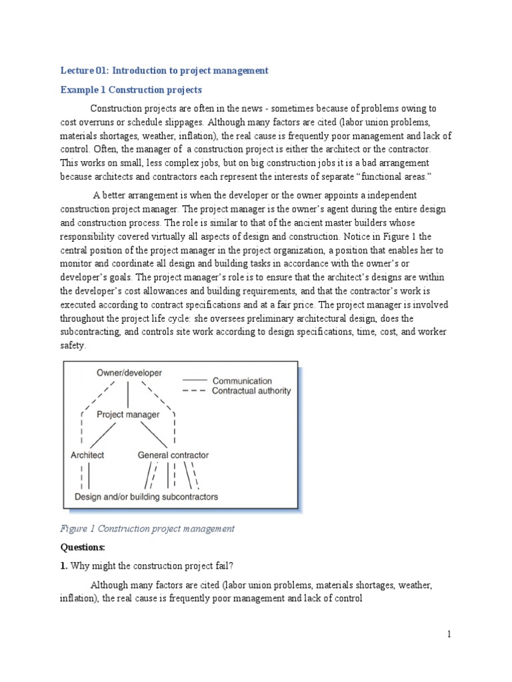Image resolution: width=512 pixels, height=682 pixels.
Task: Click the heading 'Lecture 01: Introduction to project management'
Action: [x=164, y=70]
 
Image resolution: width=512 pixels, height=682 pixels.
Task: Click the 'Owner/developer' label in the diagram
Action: [x=129, y=373]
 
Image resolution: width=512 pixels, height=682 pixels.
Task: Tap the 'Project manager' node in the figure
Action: [x=128, y=414]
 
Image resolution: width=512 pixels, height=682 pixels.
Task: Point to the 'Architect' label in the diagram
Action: [x=87, y=456]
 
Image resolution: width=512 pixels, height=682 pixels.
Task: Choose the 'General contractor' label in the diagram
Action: [x=173, y=456]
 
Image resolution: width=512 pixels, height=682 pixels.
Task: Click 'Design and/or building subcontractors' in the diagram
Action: [x=146, y=497]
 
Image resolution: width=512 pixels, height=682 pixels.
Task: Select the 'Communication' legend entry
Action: [x=242, y=381]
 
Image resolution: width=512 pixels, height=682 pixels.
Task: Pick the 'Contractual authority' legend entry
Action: [x=251, y=391]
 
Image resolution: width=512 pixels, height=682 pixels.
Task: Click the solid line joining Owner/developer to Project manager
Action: [x=129, y=394]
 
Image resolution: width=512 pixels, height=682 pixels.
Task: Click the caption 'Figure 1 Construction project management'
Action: [x=147, y=529]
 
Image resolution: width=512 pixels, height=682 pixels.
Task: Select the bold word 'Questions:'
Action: [x=83, y=547]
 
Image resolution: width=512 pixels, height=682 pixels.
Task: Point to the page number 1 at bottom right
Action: [x=449, y=635]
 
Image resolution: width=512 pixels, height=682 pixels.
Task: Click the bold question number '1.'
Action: [x=64, y=566]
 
